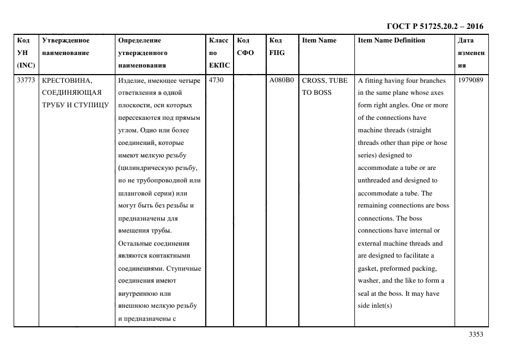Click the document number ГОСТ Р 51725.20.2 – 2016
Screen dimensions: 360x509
[434, 26]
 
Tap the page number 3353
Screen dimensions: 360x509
[476, 334]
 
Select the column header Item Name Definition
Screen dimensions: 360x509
[391, 40]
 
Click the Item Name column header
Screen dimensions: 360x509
[319, 40]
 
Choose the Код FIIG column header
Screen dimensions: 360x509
[277, 46]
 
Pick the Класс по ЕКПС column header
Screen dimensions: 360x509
[219, 53]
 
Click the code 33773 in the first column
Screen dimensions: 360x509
[26, 81]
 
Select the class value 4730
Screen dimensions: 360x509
[217, 81]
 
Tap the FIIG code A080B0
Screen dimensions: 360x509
[281, 81]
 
